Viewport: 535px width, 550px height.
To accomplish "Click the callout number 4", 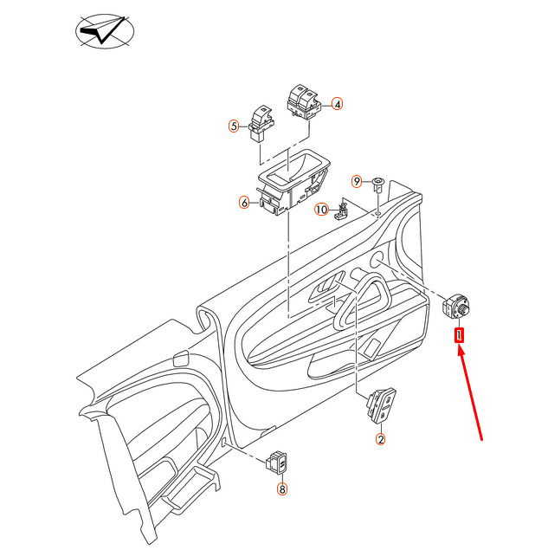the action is coord(337,104).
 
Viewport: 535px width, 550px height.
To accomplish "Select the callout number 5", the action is coord(234,126).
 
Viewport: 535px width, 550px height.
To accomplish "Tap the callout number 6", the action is coord(244,203).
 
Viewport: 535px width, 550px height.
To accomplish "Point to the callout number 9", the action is coord(357,181).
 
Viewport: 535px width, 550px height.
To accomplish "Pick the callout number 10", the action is coord(321,210).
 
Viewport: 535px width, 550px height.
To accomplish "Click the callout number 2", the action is coord(380,439).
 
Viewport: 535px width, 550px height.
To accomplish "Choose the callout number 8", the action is coord(282,489).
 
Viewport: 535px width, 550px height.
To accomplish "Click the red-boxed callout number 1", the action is coord(459,335).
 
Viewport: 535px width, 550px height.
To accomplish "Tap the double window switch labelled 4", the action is coord(305,101).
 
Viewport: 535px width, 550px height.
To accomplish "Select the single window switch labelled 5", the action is coord(261,123).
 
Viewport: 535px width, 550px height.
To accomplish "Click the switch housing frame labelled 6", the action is coord(293,183).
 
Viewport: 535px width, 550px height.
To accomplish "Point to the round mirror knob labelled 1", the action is coord(455,307).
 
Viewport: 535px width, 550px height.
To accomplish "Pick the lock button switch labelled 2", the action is coord(382,406).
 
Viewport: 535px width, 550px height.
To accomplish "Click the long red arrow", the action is coord(470,392).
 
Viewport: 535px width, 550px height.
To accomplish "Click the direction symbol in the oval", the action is coord(105,31).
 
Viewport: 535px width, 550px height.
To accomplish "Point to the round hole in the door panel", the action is coord(377,260).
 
